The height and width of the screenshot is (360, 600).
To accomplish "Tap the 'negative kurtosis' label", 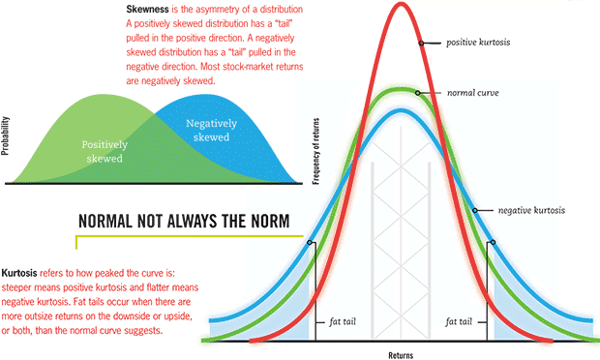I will point(531,210).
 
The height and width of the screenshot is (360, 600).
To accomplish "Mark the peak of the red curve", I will point(400,5).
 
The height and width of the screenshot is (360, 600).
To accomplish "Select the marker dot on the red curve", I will point(421,44).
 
